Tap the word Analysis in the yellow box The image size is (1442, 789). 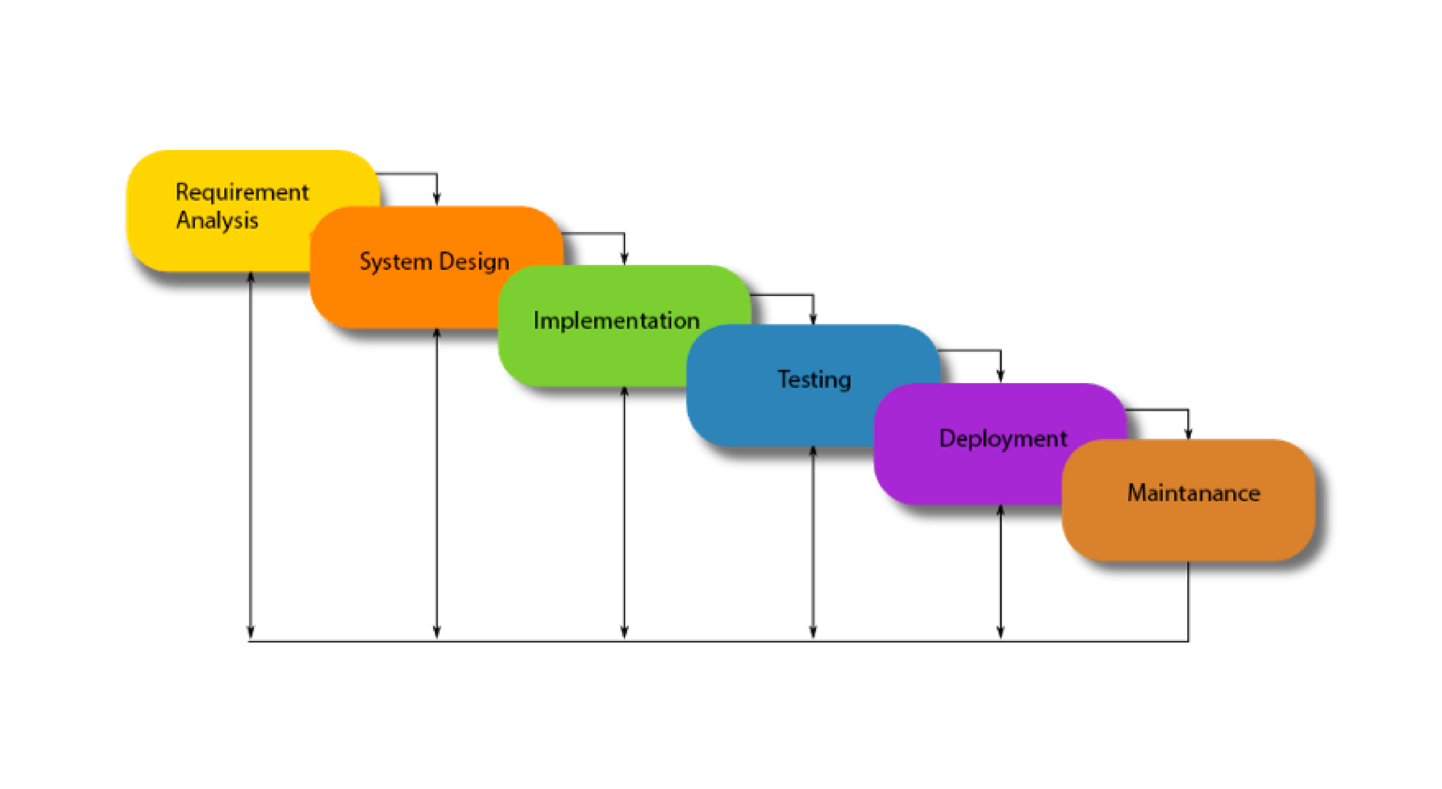217,221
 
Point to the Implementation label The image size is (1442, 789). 616,321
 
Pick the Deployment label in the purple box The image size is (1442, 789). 1003,439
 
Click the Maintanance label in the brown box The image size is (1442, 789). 1193,493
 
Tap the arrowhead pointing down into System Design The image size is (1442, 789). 437,198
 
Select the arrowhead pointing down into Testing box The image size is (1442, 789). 813,317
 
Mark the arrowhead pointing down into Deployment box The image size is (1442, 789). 1000,376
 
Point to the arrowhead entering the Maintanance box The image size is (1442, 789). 1188,432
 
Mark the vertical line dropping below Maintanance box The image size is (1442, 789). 1188,601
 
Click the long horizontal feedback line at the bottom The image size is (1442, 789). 718,641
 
